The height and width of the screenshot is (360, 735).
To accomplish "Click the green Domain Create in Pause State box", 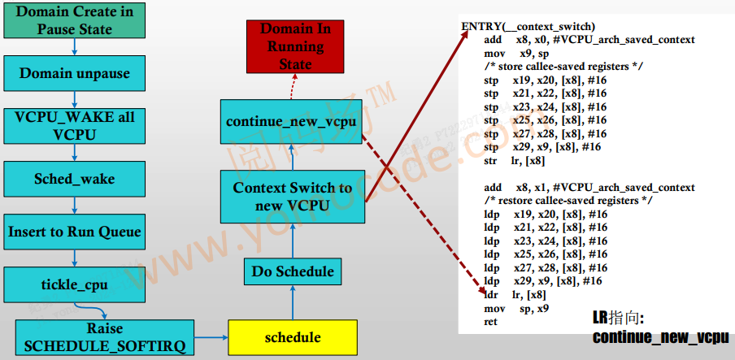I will coord(74,21).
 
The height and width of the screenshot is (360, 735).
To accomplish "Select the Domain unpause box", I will coord(74,73).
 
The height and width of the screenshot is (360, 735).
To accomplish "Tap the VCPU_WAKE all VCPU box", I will coord(74,125).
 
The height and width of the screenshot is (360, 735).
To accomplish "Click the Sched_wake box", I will coord(74,179).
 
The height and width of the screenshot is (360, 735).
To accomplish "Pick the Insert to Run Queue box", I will coord(74,232).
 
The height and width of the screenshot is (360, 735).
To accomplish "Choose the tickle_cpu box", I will coord(74,284).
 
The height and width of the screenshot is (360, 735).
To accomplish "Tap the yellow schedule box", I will coord(293,337).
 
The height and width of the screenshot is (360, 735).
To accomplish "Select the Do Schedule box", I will coord(292,271).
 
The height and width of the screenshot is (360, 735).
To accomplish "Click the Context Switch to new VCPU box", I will coord(292,196).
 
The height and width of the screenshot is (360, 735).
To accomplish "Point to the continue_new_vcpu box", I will coord(292,122).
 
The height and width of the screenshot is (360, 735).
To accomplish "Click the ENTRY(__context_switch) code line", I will coord(528,27).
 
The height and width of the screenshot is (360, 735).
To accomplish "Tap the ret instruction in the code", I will coord(491,321).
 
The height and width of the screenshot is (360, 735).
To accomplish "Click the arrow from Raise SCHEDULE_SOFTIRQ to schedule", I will coord(211,337).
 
